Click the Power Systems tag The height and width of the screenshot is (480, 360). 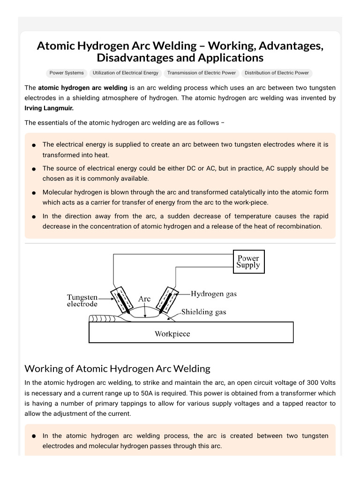(67, 73)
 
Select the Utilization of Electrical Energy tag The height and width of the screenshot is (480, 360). (126, 73)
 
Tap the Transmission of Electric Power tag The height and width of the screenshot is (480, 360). (202, 73)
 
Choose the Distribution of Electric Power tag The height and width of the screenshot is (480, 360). (277, 73)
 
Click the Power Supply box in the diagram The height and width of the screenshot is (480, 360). (248, 262)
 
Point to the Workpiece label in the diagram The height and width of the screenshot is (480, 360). (172, 334)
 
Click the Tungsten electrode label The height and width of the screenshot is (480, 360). (82, 300)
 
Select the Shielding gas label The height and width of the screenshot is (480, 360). (203, 312)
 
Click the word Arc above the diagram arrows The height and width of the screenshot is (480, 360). (144, 299)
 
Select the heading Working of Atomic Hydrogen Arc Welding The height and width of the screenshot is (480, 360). (117, 368)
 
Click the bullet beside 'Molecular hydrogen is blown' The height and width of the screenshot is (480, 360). (34, 193)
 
